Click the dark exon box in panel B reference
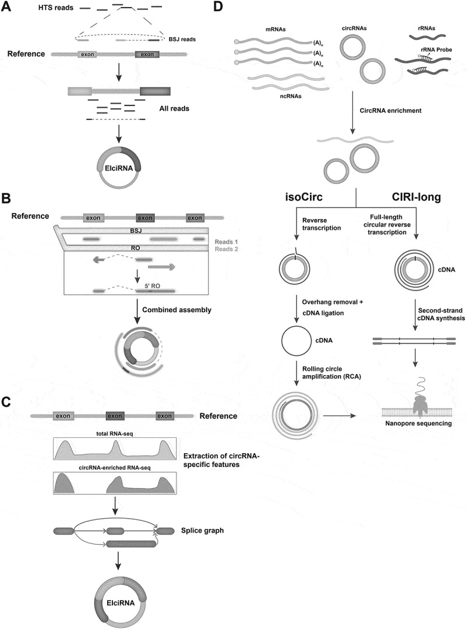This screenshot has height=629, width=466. click(144, 217)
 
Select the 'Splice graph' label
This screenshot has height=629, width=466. click(203, 530)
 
